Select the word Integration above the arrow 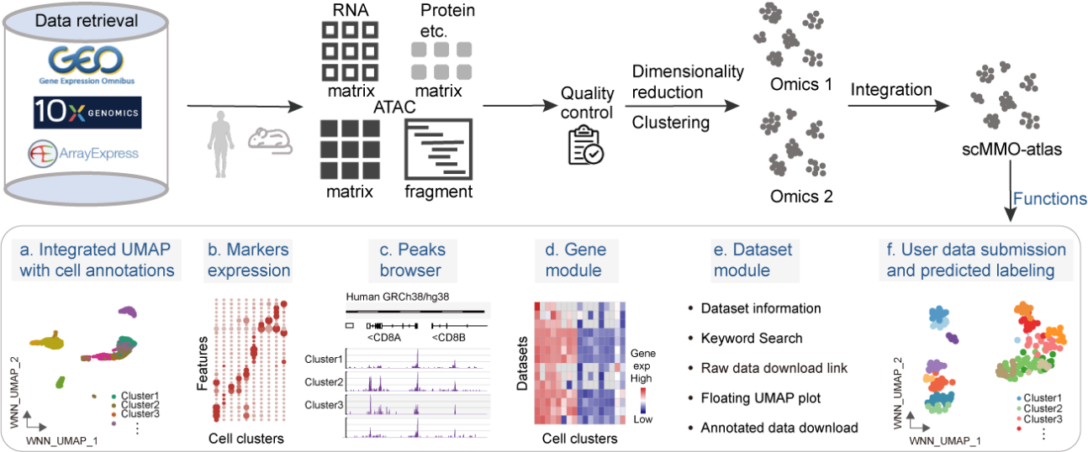click(890, 89)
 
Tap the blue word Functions click(1049, 200)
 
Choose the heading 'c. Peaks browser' click(412, 260)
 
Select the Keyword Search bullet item click(752, 338)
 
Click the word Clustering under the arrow click(670, 123)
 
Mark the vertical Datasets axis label click(522, 367)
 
